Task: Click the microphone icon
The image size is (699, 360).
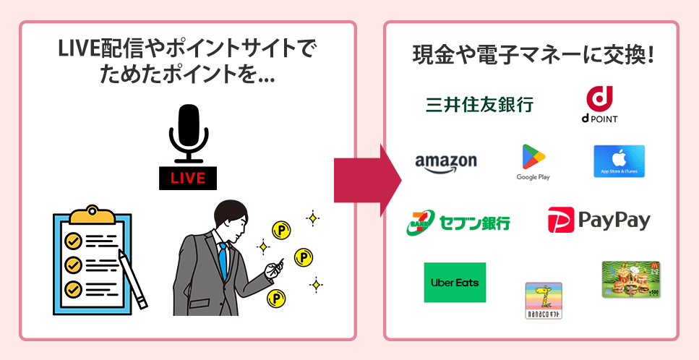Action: pyautogui.click(x=188, y=134)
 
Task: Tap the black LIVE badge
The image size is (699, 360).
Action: pyautogui.click(x=187, y=178)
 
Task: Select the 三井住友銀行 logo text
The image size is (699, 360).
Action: pyautogui.click(x=479, y=104)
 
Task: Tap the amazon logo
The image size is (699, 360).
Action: pyautogui.click(x=446, y=162)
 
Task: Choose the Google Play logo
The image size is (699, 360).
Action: pyautogui.click(x=533, y=161)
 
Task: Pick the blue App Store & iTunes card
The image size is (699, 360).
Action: pyautogui.click(x=619, y=161)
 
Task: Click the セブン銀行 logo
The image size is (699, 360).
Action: pyautogui.click(x=458, y=221)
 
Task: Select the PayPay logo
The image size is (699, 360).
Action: pyautogui.click(x=599, y=220)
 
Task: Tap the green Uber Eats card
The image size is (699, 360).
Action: pyautogui.click(x=455, y=282)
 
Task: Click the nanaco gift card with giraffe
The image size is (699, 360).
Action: pyautogui.click(x=543, y=300)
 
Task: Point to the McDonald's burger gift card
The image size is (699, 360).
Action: pyautogui.click(x=630, y=279)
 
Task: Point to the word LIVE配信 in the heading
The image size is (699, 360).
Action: pyautogui.click(x=95, y=50)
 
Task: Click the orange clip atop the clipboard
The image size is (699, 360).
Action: pyautogui.click(x=93, y=213)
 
